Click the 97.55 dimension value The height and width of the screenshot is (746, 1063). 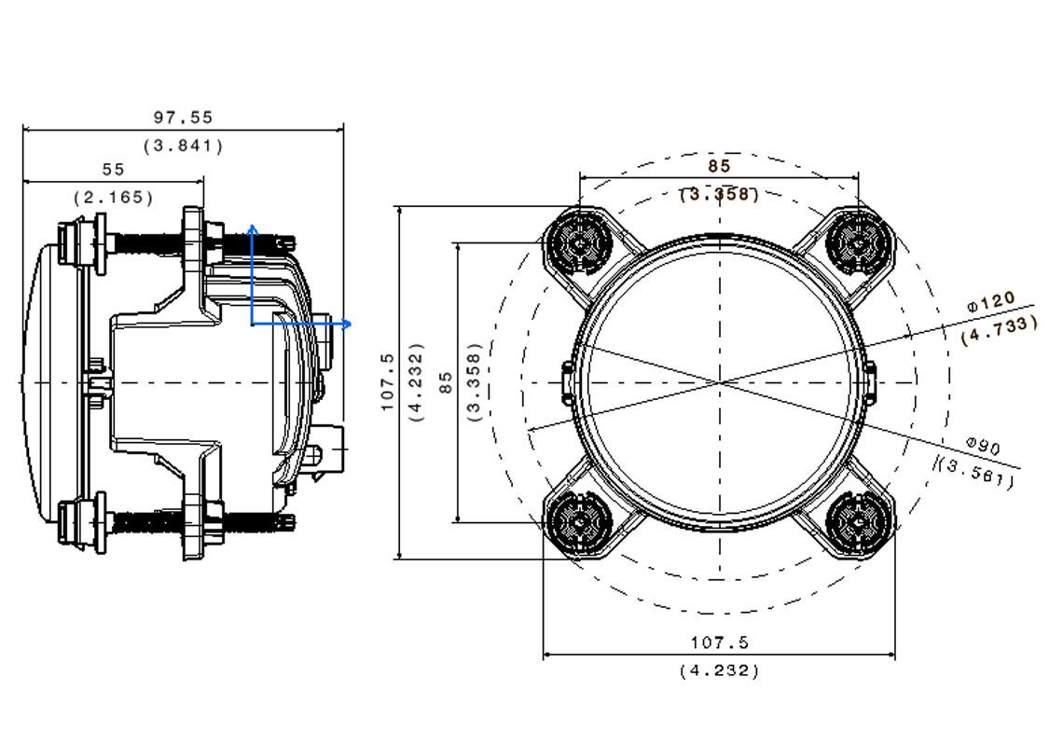pos(183,117)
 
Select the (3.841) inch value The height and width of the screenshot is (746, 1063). pos(183,145)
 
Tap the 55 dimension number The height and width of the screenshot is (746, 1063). pos(113,170)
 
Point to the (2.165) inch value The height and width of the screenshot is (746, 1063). pos(113,198)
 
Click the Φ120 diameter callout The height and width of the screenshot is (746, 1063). pos(990,302)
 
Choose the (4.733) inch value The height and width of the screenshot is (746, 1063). pos(999,329)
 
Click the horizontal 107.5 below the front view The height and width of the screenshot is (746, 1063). pos(719,642)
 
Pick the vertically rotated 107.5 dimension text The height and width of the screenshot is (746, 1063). pos(388,381)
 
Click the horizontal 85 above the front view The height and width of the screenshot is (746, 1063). pos(719,166)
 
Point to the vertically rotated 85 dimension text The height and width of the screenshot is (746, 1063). pos(446,382)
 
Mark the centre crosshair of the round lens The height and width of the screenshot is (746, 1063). pos(720,382)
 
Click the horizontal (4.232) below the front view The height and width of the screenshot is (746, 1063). pos(719,670)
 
